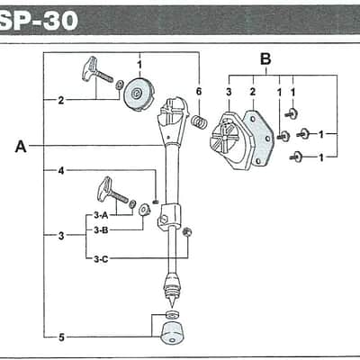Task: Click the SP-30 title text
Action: point(39,21)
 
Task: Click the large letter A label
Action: point(21,147)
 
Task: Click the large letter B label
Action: point(265,59)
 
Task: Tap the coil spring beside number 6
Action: point(199,122)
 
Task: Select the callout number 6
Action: point(199,91)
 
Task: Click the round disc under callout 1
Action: point(139,94)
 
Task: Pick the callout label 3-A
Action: point(101,215)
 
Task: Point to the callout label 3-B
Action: point(101,230)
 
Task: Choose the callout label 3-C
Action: point(101,259)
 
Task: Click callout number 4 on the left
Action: point(61,171)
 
